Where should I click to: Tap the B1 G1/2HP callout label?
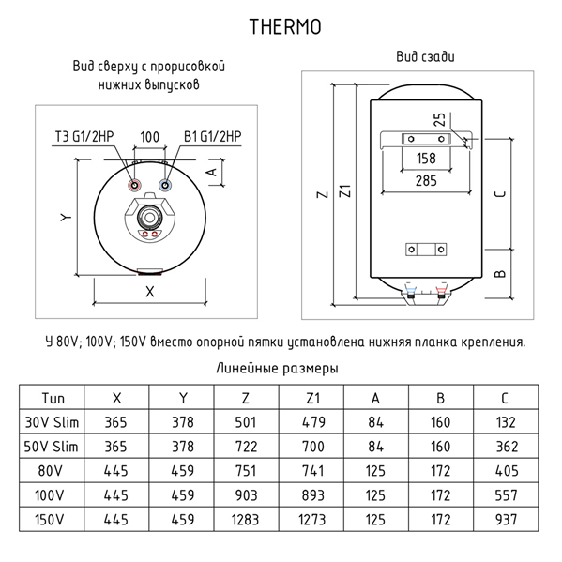[x=208, y=137]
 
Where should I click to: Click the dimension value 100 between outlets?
[x=149, y=137]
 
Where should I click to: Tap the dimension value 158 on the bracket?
[x=425, y=158]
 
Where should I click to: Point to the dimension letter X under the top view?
[x=149, y=291]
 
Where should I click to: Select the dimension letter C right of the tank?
[x=501, y=193]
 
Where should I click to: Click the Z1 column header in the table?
[x=313, y=397]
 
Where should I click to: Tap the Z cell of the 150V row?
[x=247, y=518]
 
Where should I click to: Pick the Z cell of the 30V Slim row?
[x=247, y=420]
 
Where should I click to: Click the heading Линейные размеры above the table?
[x=277, y=369]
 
